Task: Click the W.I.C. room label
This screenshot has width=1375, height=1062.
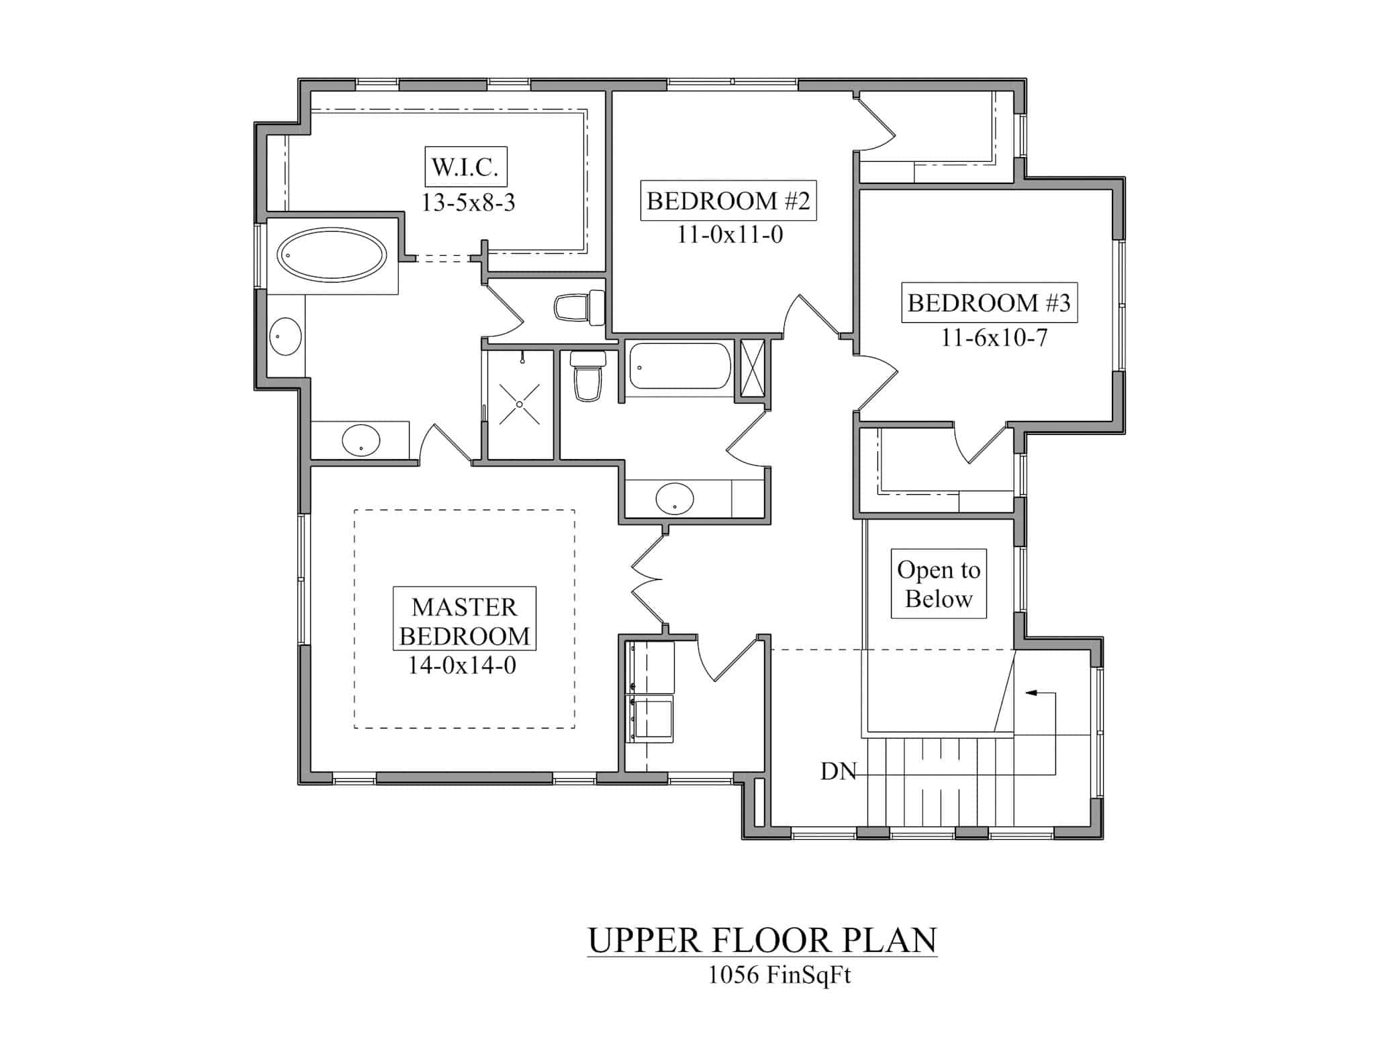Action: tap(465, 166)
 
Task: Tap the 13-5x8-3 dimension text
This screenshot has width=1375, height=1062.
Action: tap(468, 202)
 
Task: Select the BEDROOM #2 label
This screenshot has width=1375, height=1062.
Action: tap(728, 201)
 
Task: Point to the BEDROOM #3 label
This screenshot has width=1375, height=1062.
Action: tap(988, 303)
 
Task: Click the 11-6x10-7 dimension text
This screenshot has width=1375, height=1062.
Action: tap(994, 338)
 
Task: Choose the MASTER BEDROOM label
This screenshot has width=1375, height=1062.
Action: tap(464, 621)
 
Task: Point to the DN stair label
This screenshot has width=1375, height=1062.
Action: tap(838, 772)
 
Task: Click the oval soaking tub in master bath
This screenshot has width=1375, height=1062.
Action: tap(332, 255)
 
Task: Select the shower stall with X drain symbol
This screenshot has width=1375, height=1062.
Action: tap(520, 404)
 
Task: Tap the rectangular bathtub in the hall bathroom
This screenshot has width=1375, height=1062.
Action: tap(679, 367)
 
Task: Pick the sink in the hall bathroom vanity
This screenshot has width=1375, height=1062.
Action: tap(674, 499)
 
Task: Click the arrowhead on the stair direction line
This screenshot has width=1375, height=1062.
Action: tap(1029, 692)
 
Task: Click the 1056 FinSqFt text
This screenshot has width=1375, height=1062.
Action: tap(779, 975)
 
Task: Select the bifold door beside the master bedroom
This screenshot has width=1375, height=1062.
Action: tap(646, 579)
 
